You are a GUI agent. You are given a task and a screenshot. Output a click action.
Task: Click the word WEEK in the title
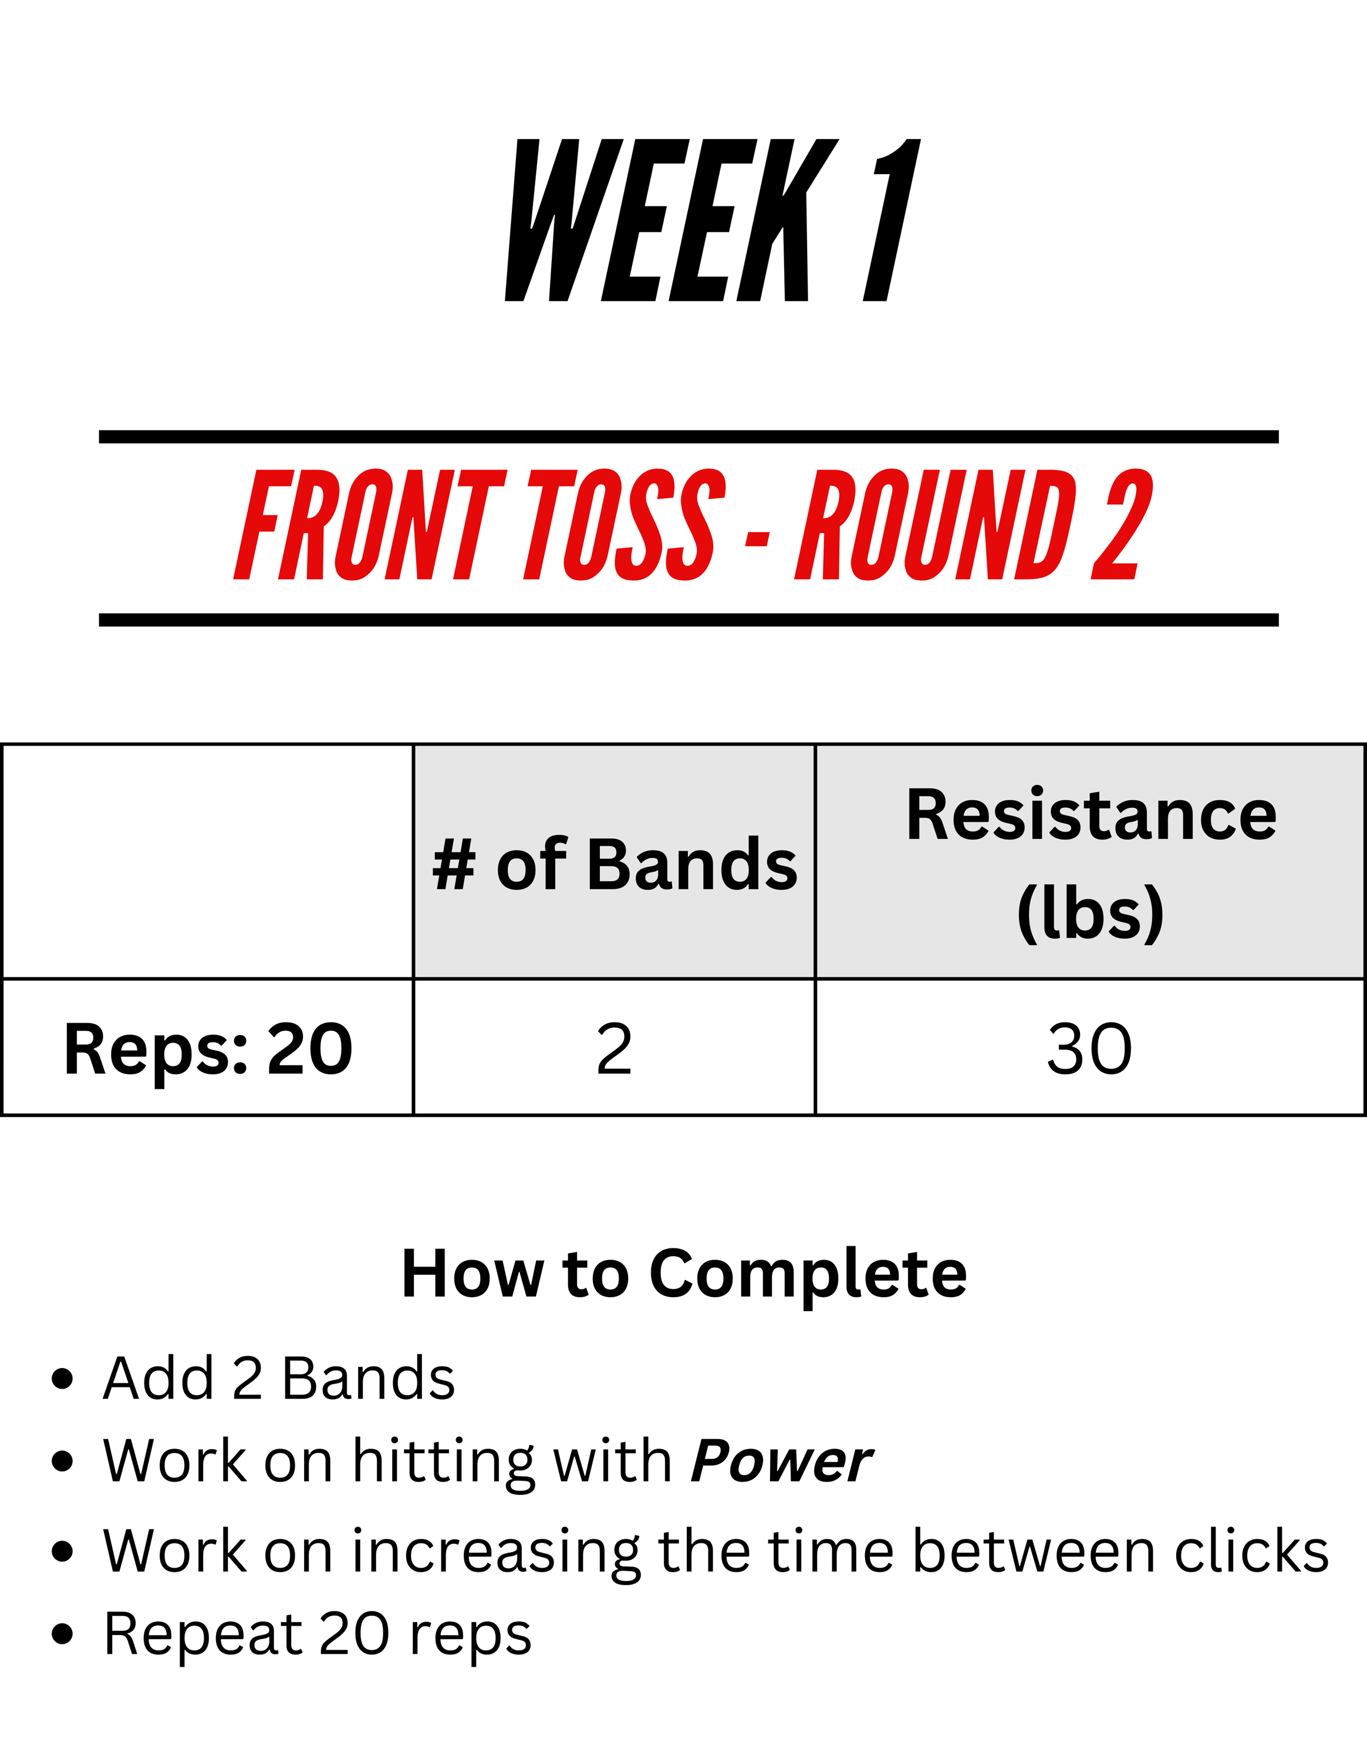tap(671, 220)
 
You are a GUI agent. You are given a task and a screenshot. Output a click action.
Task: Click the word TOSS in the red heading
tap(625, 524)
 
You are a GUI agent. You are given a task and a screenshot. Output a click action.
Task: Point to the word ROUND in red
tap(936, 524)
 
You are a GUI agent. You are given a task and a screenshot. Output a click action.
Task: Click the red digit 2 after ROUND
tap(1122, 524)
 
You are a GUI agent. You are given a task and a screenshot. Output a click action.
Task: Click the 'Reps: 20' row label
tap(208, 1049)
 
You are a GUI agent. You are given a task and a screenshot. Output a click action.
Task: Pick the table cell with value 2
tap(614, 1048)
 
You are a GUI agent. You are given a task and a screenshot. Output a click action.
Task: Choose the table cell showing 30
tap(1090, 1048)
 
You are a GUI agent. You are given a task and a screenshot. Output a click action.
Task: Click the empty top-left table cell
tap(208, 861)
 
